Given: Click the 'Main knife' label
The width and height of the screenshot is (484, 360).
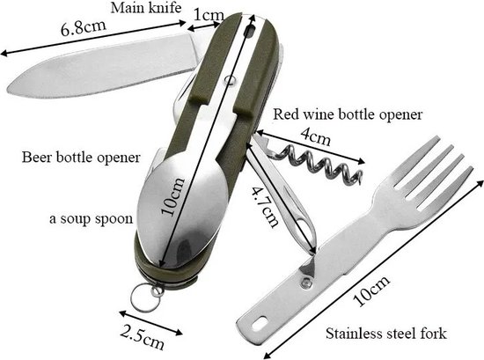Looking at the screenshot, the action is (146, 8).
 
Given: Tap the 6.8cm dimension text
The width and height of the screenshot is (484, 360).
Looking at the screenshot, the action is (84, 27).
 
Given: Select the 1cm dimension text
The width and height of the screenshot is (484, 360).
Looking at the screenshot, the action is (208, 15).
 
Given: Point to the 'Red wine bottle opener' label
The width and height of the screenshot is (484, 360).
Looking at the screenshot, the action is (348, 114).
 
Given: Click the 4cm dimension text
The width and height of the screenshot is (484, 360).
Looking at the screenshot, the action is (315, 136).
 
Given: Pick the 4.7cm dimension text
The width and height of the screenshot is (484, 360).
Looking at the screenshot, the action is (264, 206).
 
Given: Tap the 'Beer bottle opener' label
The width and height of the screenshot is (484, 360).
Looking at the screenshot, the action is (81, 158).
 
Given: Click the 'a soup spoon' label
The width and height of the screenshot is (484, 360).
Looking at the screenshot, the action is (92, 218).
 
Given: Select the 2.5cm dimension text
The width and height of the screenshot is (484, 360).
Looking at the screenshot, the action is (142, 336).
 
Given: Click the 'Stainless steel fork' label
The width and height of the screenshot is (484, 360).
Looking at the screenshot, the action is (386, 334).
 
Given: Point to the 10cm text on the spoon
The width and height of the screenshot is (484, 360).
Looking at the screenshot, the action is (173, 196).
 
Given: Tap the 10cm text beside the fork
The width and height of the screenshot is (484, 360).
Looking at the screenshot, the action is (371, 291).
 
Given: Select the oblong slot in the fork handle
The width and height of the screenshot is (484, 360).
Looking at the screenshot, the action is (259, 324).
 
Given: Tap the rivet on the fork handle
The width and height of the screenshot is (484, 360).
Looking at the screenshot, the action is (306, 282).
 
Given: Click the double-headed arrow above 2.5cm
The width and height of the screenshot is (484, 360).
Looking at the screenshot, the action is (151, 323).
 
